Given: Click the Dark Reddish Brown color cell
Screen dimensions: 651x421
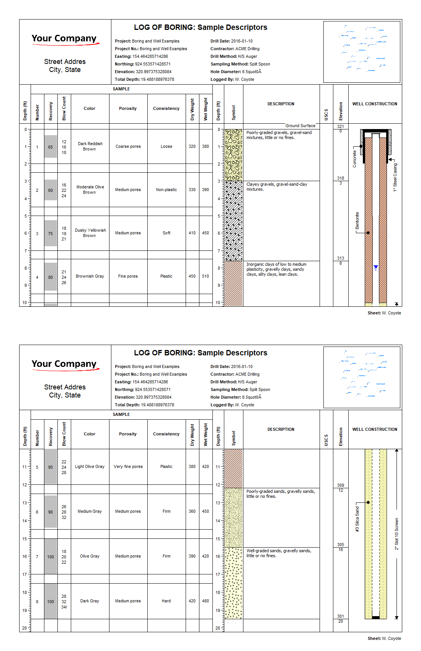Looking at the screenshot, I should click(x=90, y=146).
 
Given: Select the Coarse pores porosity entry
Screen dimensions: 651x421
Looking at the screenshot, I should click(x=128, y=146).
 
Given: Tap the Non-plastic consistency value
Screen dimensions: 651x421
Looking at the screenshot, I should click(x=166, y=190).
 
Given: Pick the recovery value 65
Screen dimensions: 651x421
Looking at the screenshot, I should click(x=51, y=147).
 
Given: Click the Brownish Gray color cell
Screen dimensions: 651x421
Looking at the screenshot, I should click(x=90, y=276).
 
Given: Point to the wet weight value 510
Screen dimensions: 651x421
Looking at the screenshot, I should click(x=206, y=276).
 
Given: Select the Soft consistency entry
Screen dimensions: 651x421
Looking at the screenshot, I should click(x=166, y=233).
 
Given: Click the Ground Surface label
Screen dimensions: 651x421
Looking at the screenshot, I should click(x=300, y=126).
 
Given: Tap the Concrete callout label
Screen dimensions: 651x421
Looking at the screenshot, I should click(x=354, y=159).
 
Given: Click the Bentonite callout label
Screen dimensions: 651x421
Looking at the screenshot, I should click(x=357, y=221).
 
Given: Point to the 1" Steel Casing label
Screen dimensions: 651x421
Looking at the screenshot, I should click(x=395, y=177).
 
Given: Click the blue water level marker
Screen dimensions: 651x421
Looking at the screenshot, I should click(x=376, y=267).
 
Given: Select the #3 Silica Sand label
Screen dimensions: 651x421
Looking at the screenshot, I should click(x=357, y=519).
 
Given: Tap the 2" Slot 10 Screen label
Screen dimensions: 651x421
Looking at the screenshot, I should click(x=397, y=534).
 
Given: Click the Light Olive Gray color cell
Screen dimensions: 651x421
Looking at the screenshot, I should click(x=90, y=466).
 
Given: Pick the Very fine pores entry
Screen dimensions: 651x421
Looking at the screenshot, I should click(x=128, y=466).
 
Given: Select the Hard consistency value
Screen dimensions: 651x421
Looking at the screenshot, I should click(x=166, y=601).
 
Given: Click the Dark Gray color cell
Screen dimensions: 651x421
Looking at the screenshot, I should click(x=90, y=601).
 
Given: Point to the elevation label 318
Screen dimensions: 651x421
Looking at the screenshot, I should click(x=341, y=178).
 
